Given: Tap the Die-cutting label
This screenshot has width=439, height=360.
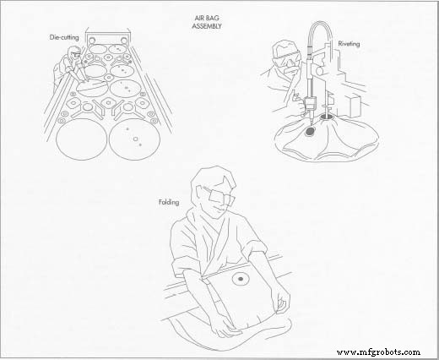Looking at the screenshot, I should (x=65, y=38).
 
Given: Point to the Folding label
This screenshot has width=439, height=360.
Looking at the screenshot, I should (x=171, y=203).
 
